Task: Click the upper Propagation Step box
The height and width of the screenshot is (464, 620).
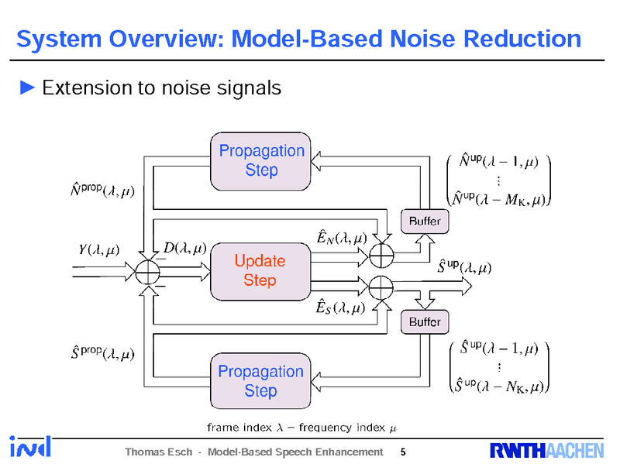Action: [x=261, y=160]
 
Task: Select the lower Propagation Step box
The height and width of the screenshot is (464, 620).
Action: [x=261, y=381]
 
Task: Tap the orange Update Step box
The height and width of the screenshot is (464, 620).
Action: [x=260, y=270]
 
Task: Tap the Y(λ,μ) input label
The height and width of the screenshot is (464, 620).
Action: [x=99, y=249]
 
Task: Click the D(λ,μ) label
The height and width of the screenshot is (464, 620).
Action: [x=184, y=248]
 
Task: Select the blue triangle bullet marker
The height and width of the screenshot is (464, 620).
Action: [x=27, y=88]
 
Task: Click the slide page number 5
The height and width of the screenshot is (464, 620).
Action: [x=402, y=452]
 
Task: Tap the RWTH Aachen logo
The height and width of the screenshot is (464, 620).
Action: [x=546, y=451]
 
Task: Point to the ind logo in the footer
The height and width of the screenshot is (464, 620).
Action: [x=30, y=447]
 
